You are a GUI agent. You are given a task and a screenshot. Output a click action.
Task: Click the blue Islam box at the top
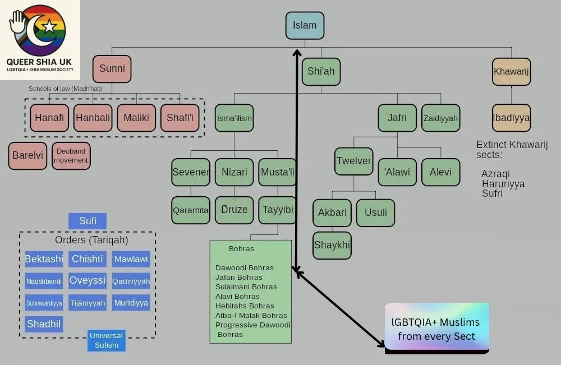(x=305, y=26)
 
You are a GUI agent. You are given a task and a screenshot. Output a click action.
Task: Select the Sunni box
(x=112, y=69)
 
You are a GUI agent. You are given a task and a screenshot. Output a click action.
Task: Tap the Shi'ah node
(x=321, y=71)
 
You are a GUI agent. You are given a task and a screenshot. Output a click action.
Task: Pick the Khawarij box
(x=511, y=71)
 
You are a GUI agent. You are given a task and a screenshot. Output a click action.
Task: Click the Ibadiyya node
(x=511, y=118)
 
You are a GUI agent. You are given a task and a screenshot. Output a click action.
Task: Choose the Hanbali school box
(x=93, y=118)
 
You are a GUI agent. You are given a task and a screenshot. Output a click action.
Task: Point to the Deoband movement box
(x=71, y=156)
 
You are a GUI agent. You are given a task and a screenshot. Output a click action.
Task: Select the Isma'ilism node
(x=234, y=118)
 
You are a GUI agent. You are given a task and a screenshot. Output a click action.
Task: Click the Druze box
(x=234, y=210)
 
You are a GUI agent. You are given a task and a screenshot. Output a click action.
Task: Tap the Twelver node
(x=353, y=161)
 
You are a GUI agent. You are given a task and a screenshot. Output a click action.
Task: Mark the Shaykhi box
(x=332, y=245)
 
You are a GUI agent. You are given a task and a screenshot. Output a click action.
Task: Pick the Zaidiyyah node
(x=440, y=118)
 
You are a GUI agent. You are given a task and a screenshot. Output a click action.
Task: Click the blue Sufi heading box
(x=87, y=221)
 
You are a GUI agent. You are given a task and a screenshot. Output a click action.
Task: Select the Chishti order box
(x=87, y=259)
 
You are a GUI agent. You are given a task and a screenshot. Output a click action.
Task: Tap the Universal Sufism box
(x=106, y=340)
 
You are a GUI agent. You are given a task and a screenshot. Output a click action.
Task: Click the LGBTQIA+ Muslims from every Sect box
(x=436, y=329)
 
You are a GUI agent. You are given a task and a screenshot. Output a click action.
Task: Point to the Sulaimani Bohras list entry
(x=246, y=287)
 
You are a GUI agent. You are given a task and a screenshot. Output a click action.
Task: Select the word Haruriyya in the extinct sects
(x=503, y=184)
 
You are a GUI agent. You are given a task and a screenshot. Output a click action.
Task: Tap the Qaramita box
(x=190, y=210)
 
